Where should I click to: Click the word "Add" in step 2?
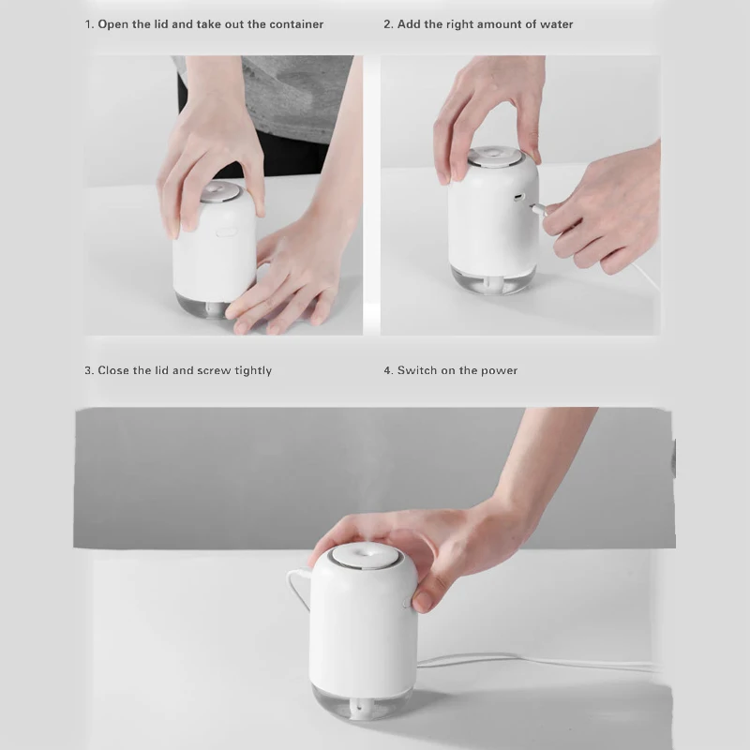pos(408,24)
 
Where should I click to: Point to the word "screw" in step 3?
pos(214,370)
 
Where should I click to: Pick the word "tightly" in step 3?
pos(253,371)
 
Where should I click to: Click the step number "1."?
pos(89,24)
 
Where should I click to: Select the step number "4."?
pos(389,370)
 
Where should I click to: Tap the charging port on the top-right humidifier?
pos(519,197)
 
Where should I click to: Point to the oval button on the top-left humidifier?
pos(227,232)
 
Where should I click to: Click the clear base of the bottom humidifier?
pos(362,701)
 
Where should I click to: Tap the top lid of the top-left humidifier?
pos(220,191)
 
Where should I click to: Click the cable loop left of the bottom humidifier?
pos(296,587)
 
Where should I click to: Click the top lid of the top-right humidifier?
pos(495,157)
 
